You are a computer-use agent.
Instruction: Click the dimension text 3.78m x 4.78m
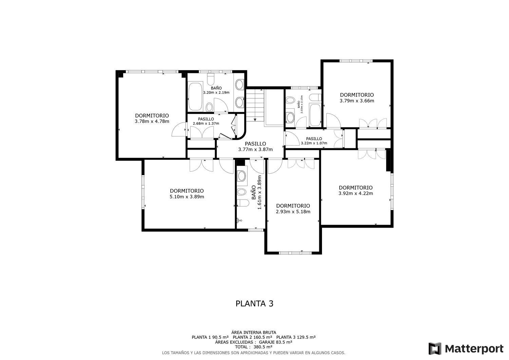tap(152, 121)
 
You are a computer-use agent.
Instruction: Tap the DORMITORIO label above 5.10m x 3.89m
tap(187, 191)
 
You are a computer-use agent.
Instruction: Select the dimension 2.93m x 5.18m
tap(293, 212)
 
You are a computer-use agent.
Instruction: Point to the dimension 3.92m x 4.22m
tap(356, 193)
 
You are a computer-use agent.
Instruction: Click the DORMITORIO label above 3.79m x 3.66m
tap(357, 95)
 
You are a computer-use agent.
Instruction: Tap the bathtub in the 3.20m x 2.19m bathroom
tap(195, 97)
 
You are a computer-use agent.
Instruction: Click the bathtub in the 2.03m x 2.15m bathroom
tap(315, 115)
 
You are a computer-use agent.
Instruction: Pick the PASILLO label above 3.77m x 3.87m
tap(255, 144)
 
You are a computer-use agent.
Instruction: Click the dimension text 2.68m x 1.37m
tap(206, 124)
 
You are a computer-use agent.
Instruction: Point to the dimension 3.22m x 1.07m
tap(314, 143)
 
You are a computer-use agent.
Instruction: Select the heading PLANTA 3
tap(254, 303)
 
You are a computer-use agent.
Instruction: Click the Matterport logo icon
tap(435, 348)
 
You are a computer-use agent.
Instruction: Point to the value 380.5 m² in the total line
tap(263, 347)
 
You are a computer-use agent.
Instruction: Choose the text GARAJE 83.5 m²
tap(276, 342)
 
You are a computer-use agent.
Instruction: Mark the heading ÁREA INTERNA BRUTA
tap(253, 332)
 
